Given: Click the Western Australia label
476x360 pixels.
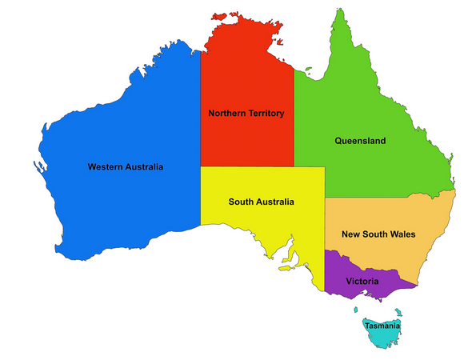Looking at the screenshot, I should click(125, 167).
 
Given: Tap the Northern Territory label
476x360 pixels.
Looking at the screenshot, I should click(246, 114).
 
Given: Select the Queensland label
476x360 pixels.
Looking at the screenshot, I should click(360, 141).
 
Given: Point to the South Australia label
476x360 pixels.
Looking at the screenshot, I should click(261, 202).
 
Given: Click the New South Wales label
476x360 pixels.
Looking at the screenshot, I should click(378, 234).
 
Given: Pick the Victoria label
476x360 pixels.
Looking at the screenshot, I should click(362, 282).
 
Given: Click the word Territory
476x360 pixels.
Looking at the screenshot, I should click(263, 114).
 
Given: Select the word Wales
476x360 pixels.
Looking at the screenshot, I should click(402, 234).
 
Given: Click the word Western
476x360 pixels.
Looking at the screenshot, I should click(106, 167).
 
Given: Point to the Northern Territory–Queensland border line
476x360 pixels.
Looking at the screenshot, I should click(294, 120).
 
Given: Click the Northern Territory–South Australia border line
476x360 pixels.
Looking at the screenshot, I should click(248, 166).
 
